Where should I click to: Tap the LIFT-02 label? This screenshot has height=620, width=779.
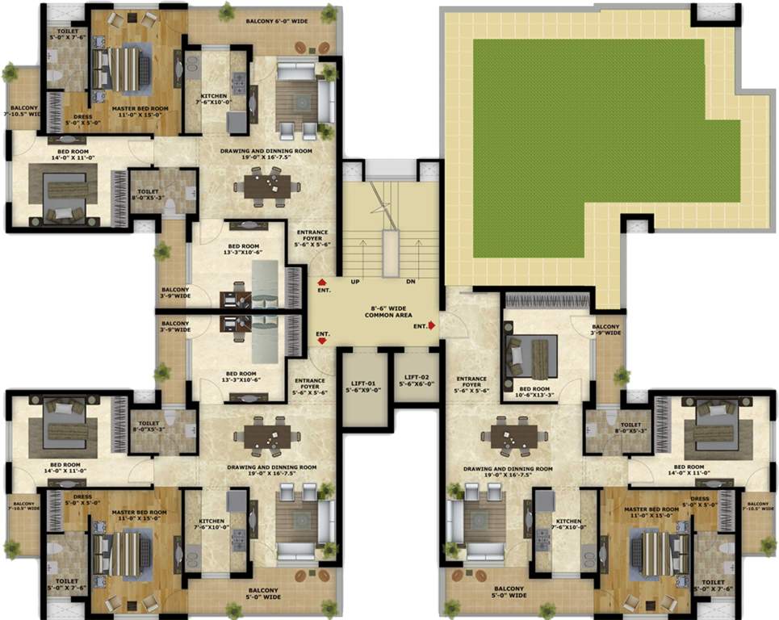(417, 380)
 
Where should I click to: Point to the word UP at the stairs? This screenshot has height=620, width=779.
(354, 282)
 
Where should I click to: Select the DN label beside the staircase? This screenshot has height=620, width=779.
(411, 282)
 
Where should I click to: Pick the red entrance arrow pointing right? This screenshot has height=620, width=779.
(433, 325)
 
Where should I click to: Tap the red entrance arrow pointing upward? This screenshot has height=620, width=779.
(321, 282)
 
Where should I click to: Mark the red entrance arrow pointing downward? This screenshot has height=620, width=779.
(322, 341)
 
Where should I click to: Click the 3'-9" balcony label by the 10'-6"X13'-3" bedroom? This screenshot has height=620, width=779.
(605, 329)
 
